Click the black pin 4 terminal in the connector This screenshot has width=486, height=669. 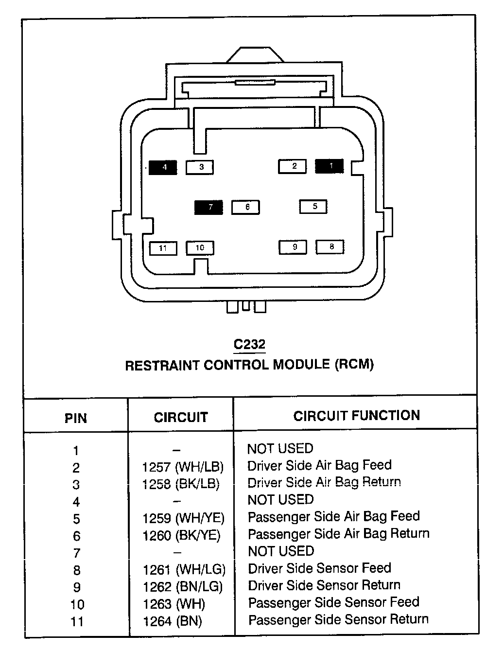[163, 167]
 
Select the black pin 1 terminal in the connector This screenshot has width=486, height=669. [330, 166]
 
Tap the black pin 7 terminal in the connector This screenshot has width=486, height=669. [208, 207]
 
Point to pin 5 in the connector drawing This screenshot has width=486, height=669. [313, 207]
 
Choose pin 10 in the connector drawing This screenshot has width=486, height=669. [200, 248]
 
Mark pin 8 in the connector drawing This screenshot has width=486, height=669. [330, 247]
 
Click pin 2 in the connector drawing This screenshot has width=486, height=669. [293, 166]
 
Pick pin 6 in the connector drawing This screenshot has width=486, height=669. [246, 207]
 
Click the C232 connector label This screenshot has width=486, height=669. [249, 345]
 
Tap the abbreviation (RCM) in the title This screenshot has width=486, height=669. [354, 364]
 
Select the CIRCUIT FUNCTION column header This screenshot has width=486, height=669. [356, 416]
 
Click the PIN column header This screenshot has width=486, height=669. [76, 418]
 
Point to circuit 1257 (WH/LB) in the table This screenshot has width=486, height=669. [183, 467]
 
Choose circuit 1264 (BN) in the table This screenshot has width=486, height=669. [173, 621]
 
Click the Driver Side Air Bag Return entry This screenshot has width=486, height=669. [324, 482]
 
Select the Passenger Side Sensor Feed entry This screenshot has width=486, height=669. [333, 602]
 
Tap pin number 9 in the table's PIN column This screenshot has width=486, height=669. [76, 587]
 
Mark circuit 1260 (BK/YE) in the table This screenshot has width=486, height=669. [181, 536]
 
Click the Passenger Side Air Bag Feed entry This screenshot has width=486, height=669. [333, 516]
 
